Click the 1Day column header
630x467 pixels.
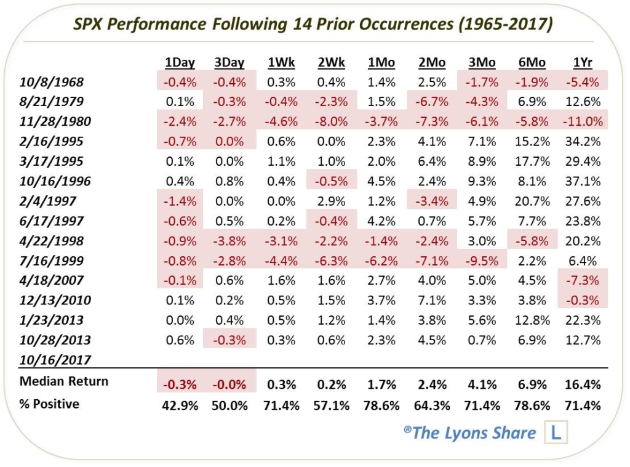[x=180, y=62]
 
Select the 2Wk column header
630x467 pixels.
[x=332, y=62]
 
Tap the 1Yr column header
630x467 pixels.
[x=582, y=62]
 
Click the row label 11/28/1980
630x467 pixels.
[x=55, y=121]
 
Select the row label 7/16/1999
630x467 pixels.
[x=52, y=261]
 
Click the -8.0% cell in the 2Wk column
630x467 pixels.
[x=332, y=121]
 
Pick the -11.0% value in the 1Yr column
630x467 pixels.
[x=582, y=121]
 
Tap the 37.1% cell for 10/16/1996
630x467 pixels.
[x=582, y=181]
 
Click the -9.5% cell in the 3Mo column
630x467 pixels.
[x=482, y=261]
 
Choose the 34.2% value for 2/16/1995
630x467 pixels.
[x=582, y=142]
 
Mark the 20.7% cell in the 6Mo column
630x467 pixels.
[x=532, y=201]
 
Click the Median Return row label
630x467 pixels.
[x=64, y=381]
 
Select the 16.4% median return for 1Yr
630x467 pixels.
[x=582, y=384]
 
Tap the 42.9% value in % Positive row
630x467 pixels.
[x=180, y=405]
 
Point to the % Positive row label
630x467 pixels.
[x=50, y=404]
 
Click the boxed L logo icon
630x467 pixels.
[x=556, y=432]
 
